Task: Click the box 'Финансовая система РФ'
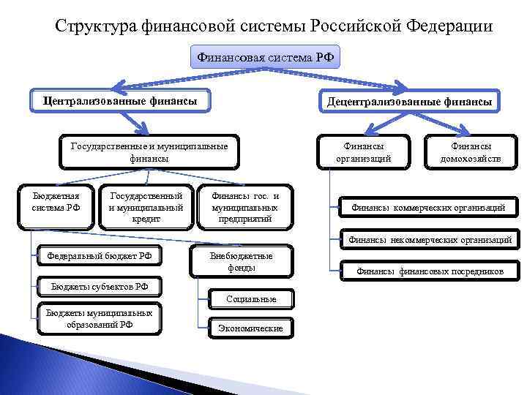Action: (266, 57)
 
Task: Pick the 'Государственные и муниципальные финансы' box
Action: (149, 151)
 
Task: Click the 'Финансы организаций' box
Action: (363, 151)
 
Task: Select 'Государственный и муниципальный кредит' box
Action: (146, 207)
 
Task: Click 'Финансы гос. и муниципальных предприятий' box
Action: (245, 207)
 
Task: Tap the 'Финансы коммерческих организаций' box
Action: (427, 208)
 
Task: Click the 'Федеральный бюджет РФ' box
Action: (100, 256)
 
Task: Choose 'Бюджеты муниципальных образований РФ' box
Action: (99, 319)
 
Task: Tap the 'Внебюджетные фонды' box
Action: (241, 262)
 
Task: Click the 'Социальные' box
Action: (251, 299)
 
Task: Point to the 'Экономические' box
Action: (250, 328)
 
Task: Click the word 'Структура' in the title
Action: (91, 27)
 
